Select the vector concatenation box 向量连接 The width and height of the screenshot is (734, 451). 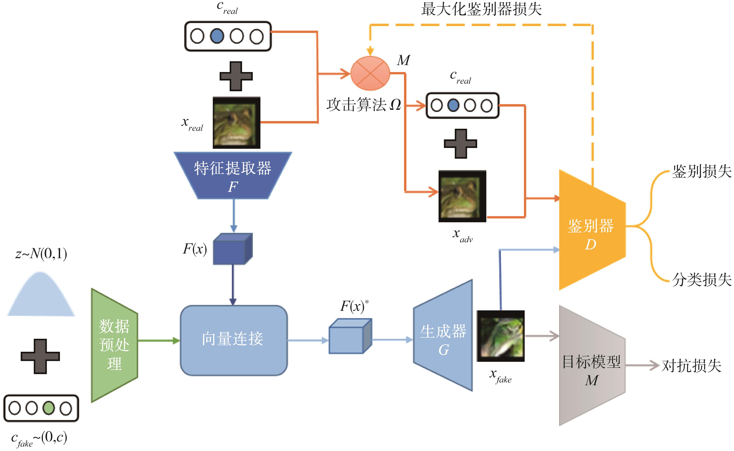tap(233, 340)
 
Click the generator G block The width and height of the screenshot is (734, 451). tap(444, 336)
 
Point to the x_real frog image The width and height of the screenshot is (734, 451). tap(236, 123)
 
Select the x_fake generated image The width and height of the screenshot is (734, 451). tap(501, 336)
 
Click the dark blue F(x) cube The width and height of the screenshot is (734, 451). tap(232, 249)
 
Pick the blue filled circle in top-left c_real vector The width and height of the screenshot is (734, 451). tap(217, 36)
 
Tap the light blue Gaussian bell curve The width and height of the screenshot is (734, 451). tap(41, 295)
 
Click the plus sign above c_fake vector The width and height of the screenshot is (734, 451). tap(40, 356)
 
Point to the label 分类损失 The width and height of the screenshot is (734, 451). tap(701, 280)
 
